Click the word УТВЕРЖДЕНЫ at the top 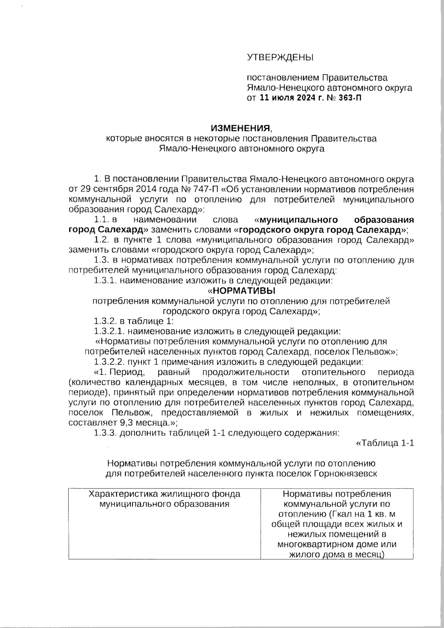click(x=280, y=57)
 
